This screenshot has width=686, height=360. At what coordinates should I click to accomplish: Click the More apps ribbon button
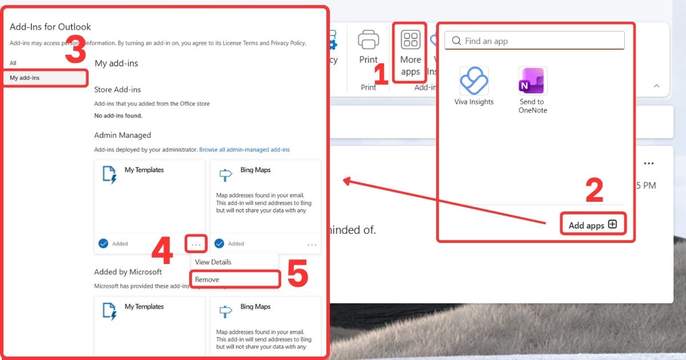pos(410,53)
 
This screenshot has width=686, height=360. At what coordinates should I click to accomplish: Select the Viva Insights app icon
pos(474,81)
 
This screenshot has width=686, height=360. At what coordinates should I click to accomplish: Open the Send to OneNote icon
pos(533,81)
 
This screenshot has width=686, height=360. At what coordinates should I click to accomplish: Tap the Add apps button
pos(593,225)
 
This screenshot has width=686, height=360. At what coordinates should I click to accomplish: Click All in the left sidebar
pos(13,63)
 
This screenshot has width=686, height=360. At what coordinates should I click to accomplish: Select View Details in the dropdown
pos(213,262)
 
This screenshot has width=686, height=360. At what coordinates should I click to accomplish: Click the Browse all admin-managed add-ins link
pos(244,150)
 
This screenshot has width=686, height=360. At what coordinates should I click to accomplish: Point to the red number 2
pos(595,191)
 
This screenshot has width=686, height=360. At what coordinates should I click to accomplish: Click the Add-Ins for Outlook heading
pos(50,27)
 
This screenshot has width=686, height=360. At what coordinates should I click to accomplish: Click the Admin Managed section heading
pos(122,135)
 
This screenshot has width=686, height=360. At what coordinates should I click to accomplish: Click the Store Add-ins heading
pos(117,90)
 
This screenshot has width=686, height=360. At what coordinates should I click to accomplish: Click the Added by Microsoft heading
pos(128,272)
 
